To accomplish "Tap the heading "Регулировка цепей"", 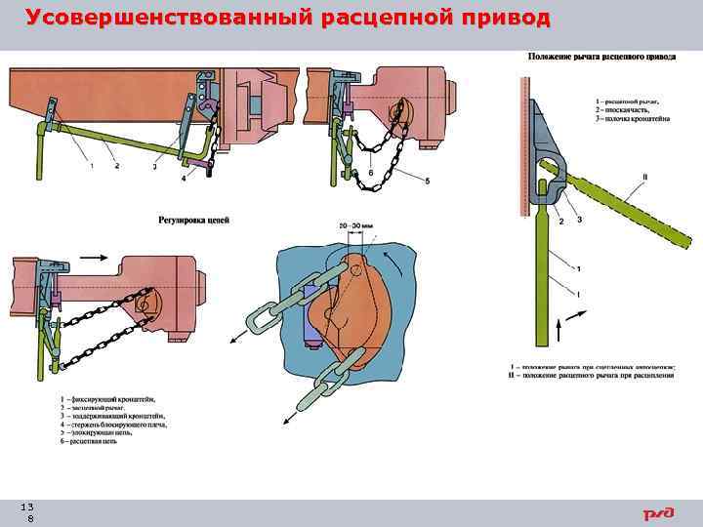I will (x=193, y=221).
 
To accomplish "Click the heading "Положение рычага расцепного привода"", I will (x=601, y=57).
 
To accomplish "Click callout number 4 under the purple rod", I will (x=183, y=178).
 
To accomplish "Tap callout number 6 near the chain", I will (x=371, y=172).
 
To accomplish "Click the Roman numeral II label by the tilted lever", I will (x=644, y=177).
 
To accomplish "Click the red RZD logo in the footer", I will (x=658, y=513).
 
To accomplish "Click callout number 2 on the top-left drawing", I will (x=118, y=167).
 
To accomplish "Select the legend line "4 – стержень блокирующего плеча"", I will (x=113, y=426).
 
